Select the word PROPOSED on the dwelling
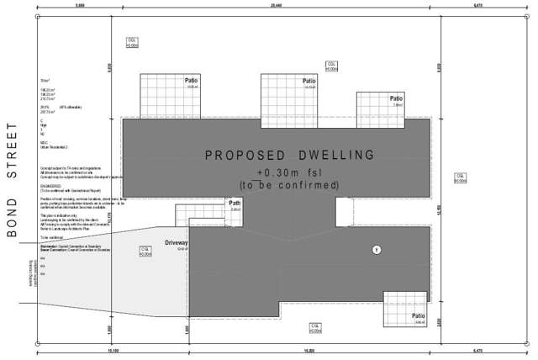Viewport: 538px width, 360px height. (x=244, y=156)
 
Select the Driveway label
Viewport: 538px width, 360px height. (x=177, y=242)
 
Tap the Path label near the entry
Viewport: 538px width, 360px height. (x=235, y=203)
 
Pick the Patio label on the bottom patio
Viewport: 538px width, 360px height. (x=419, y=316)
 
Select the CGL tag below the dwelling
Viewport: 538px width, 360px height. (x=314, y=326)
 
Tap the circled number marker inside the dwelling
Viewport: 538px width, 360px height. (x=377, y=249)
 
